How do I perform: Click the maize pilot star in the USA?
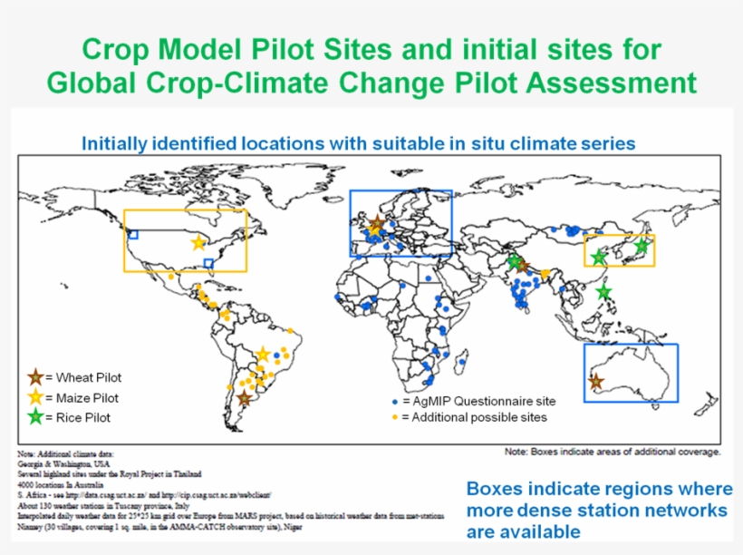198,242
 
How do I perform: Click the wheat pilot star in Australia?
595,382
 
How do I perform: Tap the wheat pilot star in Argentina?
244,397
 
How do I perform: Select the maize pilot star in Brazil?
263,354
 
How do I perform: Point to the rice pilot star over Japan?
642,245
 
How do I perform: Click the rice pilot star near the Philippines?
604,291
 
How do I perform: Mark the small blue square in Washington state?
133,234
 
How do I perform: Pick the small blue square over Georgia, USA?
209,263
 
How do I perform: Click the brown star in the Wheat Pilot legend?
35,377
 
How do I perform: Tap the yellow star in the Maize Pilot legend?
35,397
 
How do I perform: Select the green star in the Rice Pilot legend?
35,417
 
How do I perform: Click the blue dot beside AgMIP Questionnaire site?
394,401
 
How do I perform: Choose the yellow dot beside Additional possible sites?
394,417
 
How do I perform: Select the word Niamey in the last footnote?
31,526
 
